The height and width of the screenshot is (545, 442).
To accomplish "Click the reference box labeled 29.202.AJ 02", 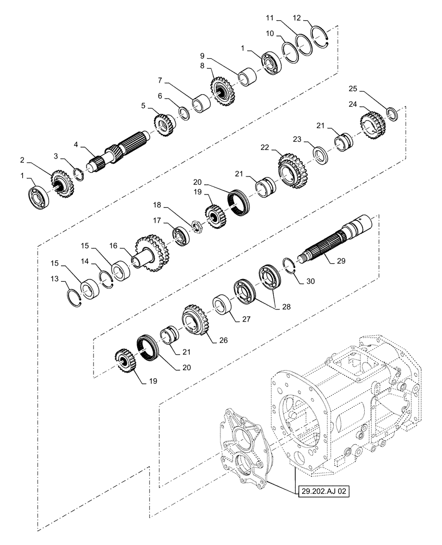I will (322, 491).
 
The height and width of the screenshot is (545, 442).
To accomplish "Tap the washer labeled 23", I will (319, 154).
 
